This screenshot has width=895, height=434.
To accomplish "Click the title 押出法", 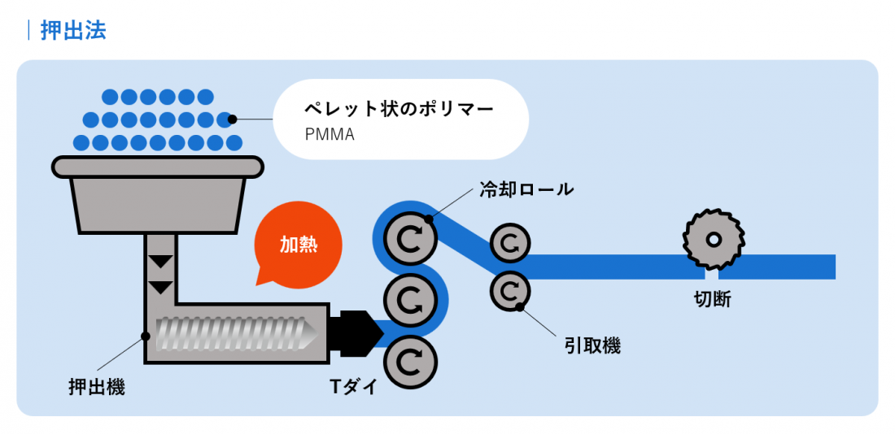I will [72, 31].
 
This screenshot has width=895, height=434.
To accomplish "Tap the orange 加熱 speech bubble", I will [298, 245].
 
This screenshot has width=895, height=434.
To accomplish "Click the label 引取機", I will [592, 345].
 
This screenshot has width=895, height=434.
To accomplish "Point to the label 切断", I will [713, 299].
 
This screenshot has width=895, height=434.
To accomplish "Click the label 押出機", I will [96, 387].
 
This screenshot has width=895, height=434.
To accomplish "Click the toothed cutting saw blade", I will [713, 241].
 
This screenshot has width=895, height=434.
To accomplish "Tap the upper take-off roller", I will [510, 242].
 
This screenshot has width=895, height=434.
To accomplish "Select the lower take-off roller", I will [510, 289].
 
